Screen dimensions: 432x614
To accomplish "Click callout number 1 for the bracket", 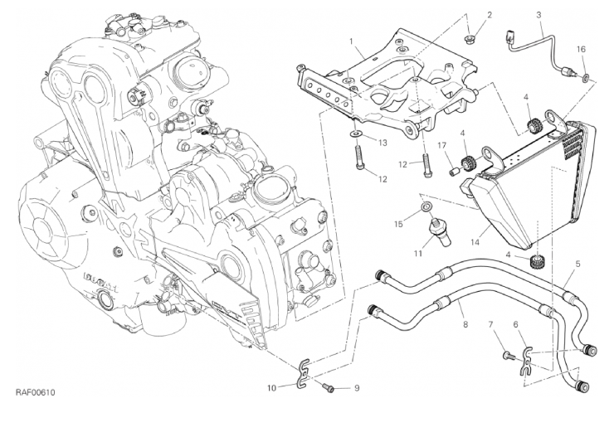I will point(352,41).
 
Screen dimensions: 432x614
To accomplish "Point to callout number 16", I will point(582,50).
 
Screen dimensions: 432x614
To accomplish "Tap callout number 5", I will point(577,265).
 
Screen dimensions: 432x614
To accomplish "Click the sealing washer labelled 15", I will point(426,205).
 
